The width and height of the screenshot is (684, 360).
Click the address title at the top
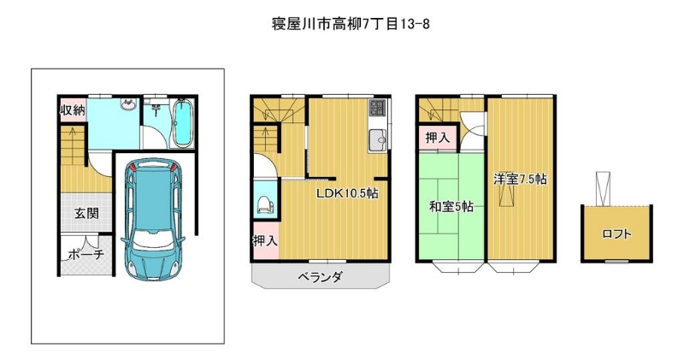[351, 24]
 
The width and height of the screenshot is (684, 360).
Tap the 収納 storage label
[73, 110]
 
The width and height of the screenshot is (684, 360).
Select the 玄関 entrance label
[86, 214]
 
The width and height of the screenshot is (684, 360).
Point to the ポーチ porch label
[86, 254]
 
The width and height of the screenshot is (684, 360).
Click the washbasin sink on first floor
[128, 104]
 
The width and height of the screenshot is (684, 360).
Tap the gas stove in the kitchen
[377, 108]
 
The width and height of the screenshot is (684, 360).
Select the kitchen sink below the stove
[377, 140]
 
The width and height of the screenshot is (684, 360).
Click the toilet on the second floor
[265, 205]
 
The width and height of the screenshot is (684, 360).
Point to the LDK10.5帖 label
[347, 193]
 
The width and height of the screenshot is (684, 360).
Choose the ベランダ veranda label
[320, 277]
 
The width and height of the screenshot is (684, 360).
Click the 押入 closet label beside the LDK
[265, 240]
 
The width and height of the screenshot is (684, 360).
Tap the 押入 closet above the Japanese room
[438, 139]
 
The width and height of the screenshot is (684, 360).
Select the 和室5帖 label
[451, 206]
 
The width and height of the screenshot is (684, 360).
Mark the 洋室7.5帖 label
[520, 179]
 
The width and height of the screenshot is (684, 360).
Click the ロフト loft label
[616, 234]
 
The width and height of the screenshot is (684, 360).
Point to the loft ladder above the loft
[603, 188]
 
